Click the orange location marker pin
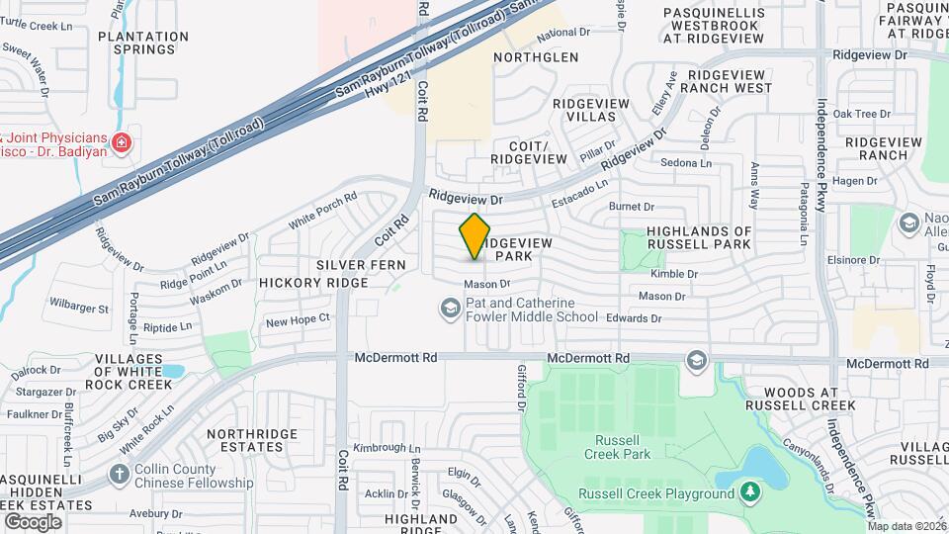click(475, 235)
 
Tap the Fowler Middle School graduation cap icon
click(451, 311)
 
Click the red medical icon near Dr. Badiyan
click(122, 143)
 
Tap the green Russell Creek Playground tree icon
click(750, 492)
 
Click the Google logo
click(33, 521)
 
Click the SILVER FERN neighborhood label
click(356, 266)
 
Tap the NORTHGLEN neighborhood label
click(536, 57)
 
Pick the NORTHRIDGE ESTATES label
click(254, 440)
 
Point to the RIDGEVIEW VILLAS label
click(591, 110)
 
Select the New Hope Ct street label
click(297, 318)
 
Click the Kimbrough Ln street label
click(380, 448)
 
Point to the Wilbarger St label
click(78, 309)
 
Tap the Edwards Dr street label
click(634, 318)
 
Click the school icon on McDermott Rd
click(697, 359)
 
